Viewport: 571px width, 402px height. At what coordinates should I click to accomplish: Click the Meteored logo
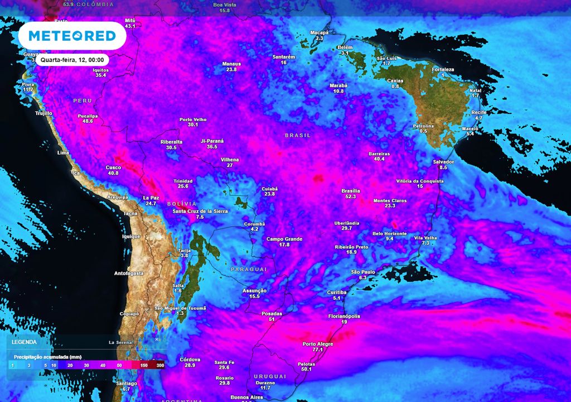pos(72,36)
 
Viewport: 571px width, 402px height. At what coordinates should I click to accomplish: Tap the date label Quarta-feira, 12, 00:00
pos(72,59)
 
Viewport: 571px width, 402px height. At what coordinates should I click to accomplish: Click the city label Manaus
pos(231,64)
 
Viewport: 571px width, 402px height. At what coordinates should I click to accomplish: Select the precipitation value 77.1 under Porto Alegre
pos(318,350)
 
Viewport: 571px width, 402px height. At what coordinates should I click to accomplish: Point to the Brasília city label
pos(351,191)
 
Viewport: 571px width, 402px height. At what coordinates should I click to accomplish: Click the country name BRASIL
pos(298,136)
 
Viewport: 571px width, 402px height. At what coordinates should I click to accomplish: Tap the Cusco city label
pos(113,167)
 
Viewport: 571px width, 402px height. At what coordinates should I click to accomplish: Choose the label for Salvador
pos(443,161)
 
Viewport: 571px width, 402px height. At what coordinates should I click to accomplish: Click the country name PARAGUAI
pos(248,269)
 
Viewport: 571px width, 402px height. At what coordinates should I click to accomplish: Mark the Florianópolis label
pos(344,316)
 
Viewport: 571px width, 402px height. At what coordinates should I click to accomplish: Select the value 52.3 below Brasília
pos(351,197)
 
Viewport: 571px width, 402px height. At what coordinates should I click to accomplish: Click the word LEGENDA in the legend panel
pos(25,342)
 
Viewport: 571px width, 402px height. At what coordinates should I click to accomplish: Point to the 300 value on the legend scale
pos(160,365)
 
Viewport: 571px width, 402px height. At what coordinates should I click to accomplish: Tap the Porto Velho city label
pos(193,119)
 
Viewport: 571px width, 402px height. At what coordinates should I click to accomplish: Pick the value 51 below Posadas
pos(272,319)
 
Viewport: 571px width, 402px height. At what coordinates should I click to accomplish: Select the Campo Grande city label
pos(284,239)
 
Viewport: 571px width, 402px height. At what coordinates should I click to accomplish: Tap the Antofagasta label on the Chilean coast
pos(129,273)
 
